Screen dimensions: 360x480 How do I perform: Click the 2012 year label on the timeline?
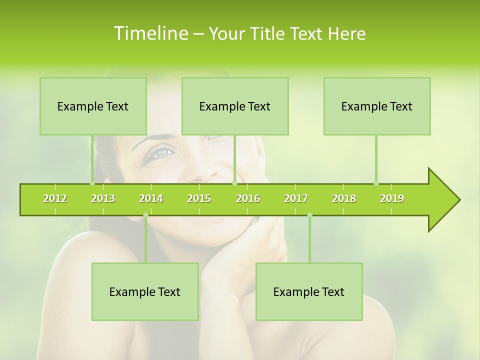55,198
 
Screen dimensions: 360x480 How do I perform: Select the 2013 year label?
103,198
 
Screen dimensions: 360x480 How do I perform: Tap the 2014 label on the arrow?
151,198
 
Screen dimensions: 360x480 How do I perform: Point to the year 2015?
199,198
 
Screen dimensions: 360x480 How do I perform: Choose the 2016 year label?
248,198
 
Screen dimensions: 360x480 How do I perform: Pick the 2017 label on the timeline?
296,198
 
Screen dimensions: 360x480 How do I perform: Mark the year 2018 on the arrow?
344,198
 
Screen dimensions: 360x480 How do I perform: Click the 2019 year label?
392,198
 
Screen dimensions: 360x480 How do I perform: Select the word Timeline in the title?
150,33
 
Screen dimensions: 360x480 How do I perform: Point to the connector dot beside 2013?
92,183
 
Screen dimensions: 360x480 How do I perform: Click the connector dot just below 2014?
145,215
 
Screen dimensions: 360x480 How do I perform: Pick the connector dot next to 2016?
234,183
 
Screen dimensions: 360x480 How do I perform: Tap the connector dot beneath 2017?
309,215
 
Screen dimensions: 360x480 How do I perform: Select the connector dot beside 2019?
376,183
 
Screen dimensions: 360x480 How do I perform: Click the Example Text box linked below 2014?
145,291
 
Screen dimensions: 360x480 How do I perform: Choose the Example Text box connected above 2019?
377,106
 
